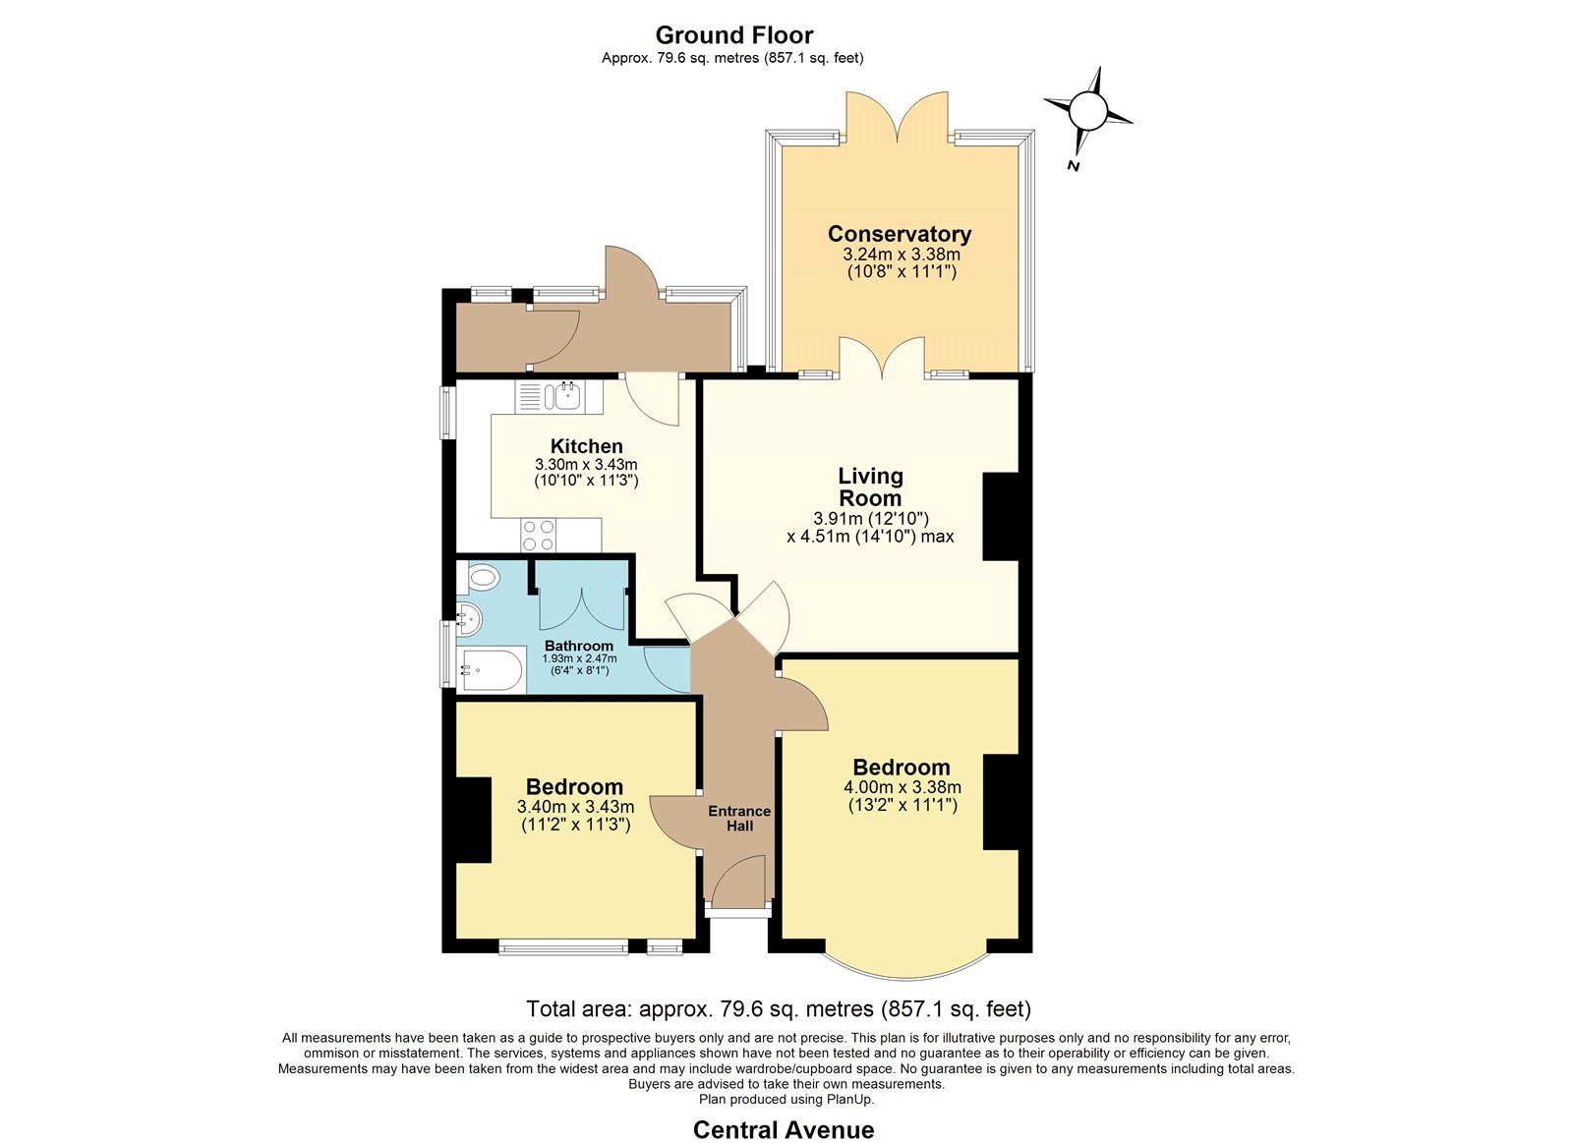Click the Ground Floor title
pos(733,35)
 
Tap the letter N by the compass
pos(1073,166)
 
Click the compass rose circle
pos(1087,110)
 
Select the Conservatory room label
pos(900,234)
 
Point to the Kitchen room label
pos(586,446)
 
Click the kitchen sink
pos(558,397)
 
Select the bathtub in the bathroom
pos(491,669)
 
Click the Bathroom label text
pos(579,646)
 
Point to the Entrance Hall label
pos(739,819)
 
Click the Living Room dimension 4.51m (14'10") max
pos(870,537)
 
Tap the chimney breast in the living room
pos(1000,517)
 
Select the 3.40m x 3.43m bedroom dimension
pos(576,807)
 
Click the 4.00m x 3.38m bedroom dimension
pos(903,787)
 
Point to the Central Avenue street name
pos(784,1129)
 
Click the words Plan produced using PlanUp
pos(786,1099)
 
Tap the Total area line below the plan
pos(779,1009)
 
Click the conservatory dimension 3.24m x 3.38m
pos(902,255)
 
